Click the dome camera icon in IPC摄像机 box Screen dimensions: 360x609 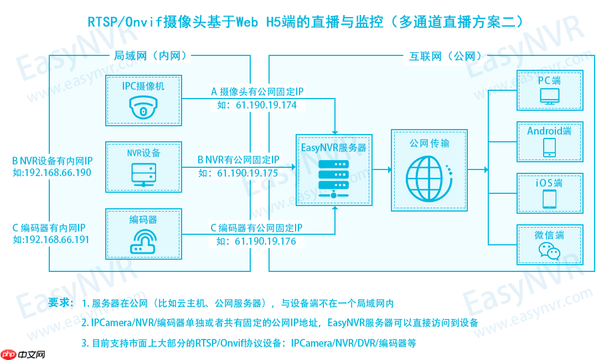pos(143,107)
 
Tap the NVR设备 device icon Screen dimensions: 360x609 pos(143,174)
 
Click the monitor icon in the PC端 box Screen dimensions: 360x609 pos(550,96)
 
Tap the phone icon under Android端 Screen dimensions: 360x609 pos(550,147)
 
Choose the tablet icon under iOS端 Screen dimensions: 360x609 pos(550,198)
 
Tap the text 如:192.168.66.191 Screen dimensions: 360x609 pos(51,239)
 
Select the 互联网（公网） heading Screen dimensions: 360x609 pos(445,55)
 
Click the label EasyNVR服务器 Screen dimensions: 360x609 pos(333,148)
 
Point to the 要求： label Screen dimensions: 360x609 pos(60,303)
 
